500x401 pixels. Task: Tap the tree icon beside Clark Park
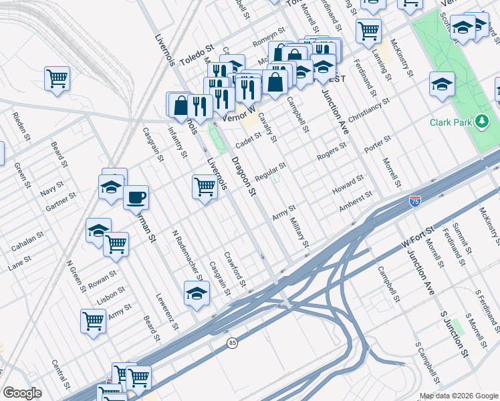(x=481, y=122)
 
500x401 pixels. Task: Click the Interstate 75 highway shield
(x=415, y=200)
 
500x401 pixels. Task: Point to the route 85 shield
(x=232, y=343)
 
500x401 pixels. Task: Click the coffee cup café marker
(x=136, y=198)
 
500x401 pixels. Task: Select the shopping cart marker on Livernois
(x=205, y=187)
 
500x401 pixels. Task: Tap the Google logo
(x=22, y=393)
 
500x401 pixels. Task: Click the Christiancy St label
(x=368, y=110)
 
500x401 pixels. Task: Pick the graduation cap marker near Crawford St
(x=196, y=294)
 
